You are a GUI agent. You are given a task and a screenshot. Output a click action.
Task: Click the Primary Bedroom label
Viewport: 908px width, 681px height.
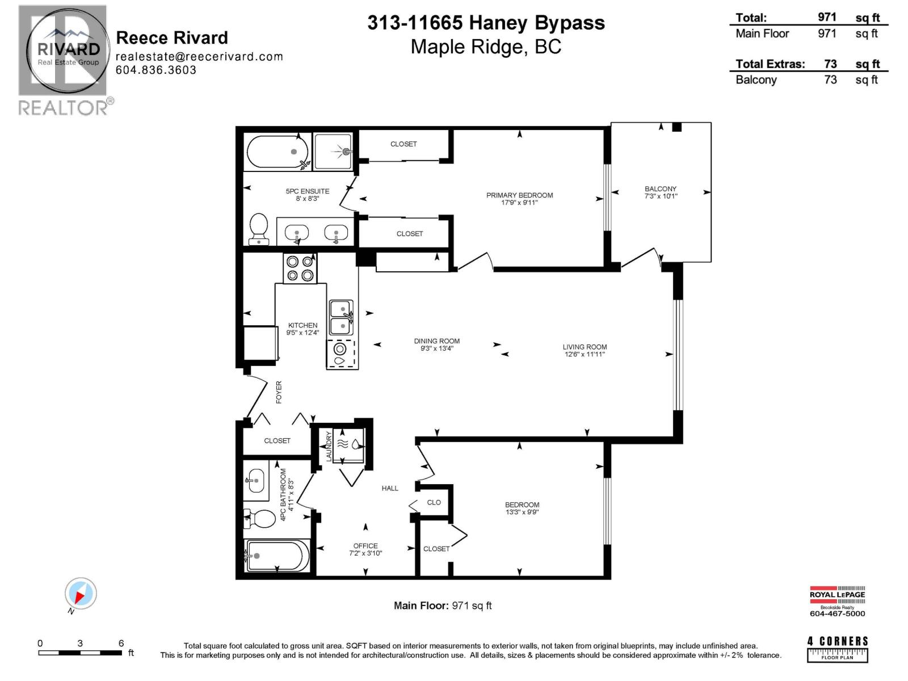pos(519,195)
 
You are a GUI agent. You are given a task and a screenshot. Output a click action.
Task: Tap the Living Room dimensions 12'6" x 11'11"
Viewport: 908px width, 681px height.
pos(584,354)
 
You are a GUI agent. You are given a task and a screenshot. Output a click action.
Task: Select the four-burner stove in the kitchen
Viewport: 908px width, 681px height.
pos(300,268)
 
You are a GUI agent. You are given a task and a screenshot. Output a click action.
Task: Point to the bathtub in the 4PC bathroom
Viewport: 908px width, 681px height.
pos(277,556)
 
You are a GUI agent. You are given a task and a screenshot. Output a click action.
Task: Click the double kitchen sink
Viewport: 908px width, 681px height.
pos(341,317)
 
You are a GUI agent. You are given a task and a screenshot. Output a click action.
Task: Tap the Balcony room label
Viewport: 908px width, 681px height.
pos(660,189)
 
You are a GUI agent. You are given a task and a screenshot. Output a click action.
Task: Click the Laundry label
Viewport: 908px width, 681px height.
pos(329,447)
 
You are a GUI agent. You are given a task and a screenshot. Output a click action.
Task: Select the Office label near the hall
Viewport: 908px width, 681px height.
pos(365,546)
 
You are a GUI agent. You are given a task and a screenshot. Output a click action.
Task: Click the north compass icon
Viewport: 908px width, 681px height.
pos(80,594)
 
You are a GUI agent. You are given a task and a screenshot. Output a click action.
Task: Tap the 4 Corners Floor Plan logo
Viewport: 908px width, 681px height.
pos(837,649)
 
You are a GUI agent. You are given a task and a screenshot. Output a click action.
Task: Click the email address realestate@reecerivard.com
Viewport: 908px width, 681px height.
pos(199,56)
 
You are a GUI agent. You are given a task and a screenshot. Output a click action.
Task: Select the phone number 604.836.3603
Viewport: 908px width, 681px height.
pos(156,70)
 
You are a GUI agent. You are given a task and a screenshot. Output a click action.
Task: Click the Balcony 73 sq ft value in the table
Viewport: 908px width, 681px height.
pos(830,80)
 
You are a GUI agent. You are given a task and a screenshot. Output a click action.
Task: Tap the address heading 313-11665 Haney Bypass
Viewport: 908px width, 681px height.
pos(486,23)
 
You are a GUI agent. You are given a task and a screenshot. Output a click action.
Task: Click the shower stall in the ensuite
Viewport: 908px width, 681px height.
pos(333,151)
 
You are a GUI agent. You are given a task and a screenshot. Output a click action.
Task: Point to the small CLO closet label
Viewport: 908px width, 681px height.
pos(434,502)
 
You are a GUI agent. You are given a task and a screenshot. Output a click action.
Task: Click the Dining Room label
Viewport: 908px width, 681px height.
pos(436,341)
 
